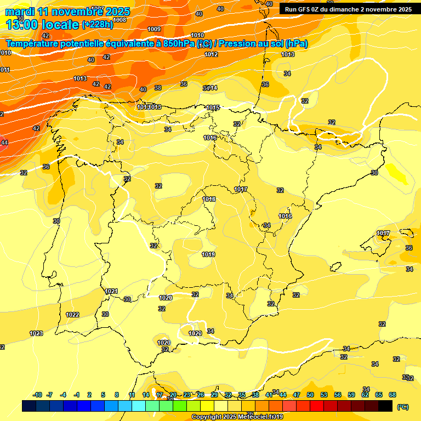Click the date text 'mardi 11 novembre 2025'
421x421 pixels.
coord(67,12)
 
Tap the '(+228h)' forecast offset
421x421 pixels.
coord(98,24)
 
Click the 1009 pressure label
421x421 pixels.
coord(154,29)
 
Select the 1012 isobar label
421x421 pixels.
coord(211,54)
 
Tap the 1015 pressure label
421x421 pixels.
coord(213,107)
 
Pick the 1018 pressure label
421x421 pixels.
coord(209,199)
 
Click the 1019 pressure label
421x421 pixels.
coord(208,254)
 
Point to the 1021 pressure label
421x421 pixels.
coord(111,291)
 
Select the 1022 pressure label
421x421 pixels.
coord(72,315)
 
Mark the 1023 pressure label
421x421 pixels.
coord(36,333)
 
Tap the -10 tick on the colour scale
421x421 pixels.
coord(38,395)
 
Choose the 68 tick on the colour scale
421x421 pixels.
coord(392,395)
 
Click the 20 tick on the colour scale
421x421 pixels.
coord(173,395)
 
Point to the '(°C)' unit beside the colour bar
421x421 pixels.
coord(402,407)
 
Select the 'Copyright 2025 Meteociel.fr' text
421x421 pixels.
coord(237,417)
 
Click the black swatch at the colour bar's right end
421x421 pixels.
coord(385,406)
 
